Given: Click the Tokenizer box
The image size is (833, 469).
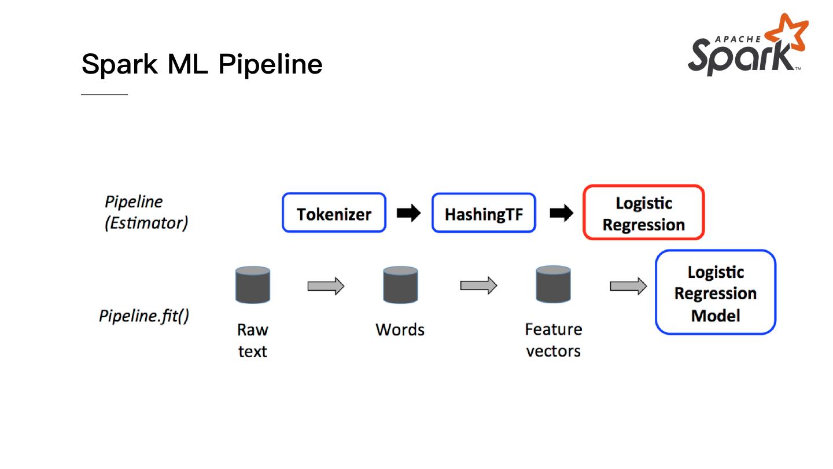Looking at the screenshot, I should pyautogui.click(x=334, y=213).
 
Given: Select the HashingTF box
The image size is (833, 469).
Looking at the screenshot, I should pyautogui.click(x=484, y=213).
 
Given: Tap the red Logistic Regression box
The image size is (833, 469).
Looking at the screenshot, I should pyautogui.click(x=643, y=212).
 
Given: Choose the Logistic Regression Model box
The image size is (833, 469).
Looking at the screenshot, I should pyautogui.click(x=715, y=292).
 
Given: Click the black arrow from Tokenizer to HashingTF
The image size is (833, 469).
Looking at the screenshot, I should pyautogui.click(x=408, y=213).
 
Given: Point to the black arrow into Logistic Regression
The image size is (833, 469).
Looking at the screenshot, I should pyautogui.click(x=561, y=213).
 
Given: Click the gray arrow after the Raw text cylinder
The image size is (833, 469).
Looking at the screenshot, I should pyautogui.click(x=326, y=285).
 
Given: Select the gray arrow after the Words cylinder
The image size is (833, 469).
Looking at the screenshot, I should pyautogui.click(x=478, y=285).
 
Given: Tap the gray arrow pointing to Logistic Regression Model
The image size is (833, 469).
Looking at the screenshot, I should pyautogui.click(x=628, y=285).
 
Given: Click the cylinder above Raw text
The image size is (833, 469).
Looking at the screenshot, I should pyautogui.click(x=253, y=285).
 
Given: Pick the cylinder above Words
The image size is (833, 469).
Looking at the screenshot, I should pyautogui.click(x=400, y=285).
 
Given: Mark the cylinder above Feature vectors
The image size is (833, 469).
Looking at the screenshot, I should pyautogui.click(x=553, y=284).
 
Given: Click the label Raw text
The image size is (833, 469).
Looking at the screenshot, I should pyautogui.click(x=253, y=340).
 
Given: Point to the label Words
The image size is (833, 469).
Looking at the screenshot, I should pyautogui.click(x=400, y=329).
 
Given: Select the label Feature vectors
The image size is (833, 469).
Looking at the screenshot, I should pyautogui.click(x=553, y=340).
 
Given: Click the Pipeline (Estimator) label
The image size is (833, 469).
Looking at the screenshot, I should pyautogui.click(x=146, y=212).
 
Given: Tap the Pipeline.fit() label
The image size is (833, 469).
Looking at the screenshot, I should pyautogui.click(x=143, y=316).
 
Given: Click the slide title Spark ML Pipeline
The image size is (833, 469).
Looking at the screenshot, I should pyautogui.click(x=202, y=64).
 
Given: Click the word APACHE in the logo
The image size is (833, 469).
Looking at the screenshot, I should pyautogui.click(x=738, y=39).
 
